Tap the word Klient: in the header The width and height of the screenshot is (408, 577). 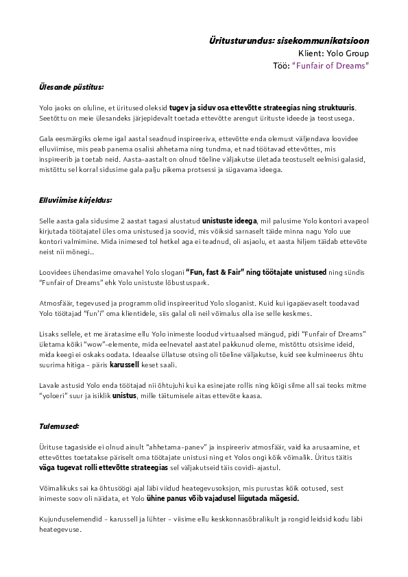(x=313, y=53)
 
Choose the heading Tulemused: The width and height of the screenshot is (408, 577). (x=60, y=426)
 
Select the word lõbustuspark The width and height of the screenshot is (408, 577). (x=166, y=283)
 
